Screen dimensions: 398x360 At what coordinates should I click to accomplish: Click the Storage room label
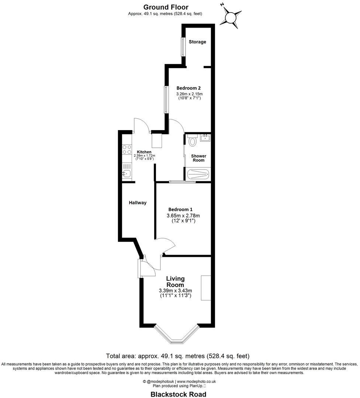(197, 42)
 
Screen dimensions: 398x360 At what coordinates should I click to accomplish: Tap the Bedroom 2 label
(188, 88)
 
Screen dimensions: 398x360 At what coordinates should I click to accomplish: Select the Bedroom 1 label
(181, 209)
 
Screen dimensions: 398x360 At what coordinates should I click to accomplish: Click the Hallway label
(138, 203)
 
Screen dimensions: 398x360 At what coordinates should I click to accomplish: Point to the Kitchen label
(144, 152)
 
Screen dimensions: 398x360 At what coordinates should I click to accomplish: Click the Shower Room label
(198, 158)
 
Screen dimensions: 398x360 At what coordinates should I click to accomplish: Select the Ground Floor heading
(166, 7)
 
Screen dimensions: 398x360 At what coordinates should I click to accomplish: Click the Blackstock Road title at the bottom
(178, 394)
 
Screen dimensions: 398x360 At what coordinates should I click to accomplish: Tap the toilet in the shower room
(192, 140)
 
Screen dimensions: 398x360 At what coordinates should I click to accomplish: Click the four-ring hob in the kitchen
(127, 150)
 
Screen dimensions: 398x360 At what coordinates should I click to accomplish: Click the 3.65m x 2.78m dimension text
(183, 216)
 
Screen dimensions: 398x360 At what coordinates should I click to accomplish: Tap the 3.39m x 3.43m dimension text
(176, 290)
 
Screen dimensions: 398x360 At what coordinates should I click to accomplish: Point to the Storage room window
(183, 46)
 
